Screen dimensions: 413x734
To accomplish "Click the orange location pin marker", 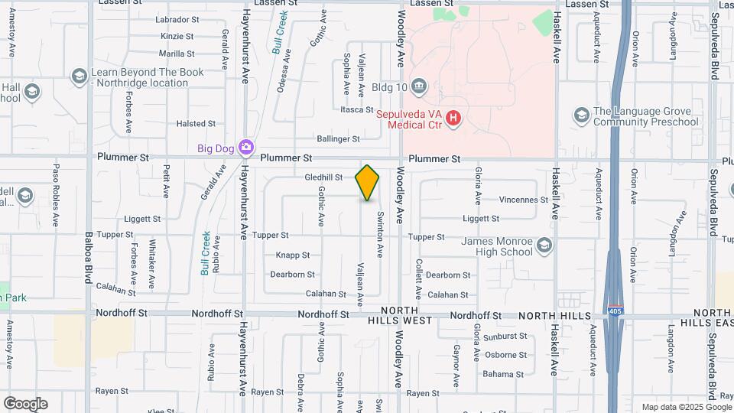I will click(x=367, y=182).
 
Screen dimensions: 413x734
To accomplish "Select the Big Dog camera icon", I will click(x=245, y=147).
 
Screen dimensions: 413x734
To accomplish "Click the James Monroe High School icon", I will click(x=544, y=246).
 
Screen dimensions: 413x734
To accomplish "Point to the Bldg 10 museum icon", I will click(x=418, y=86).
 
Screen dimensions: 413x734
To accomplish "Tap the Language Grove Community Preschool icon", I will click(x=581, y=115).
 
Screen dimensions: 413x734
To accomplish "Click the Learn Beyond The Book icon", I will click(x=79, y=76).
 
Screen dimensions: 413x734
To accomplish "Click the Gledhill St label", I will click(x=323, y=177).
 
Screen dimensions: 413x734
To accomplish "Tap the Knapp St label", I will click(x=292, y=255).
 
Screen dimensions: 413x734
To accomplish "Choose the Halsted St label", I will click(x=191, y=123).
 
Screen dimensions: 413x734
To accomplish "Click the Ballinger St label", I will click(x=338, y=139).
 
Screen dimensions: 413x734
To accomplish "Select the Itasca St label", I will click(x=356, y=110).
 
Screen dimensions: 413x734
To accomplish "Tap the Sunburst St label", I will click(x=505, y=336).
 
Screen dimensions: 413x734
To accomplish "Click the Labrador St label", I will click(x=177, y=19).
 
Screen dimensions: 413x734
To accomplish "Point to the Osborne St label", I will click(x=505, y=355).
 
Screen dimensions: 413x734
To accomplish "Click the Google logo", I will click(x=25, y=404).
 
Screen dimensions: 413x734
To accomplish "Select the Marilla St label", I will click(x=177, y=54).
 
